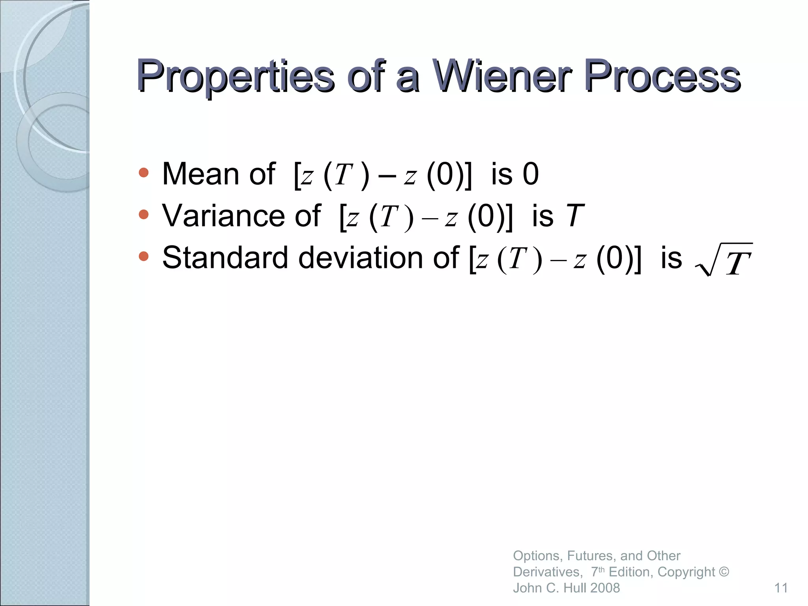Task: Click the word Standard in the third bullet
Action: tap(225, 258)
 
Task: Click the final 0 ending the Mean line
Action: tap(531, 174)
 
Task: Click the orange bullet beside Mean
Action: tap(144, 172)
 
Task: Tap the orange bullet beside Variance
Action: tap(144, 214)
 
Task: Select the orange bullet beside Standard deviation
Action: tap(144, 256)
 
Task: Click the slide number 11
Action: tap(781, 588)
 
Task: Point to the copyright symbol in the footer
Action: tap(724, 572)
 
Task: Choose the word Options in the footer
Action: tap(536, 556)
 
